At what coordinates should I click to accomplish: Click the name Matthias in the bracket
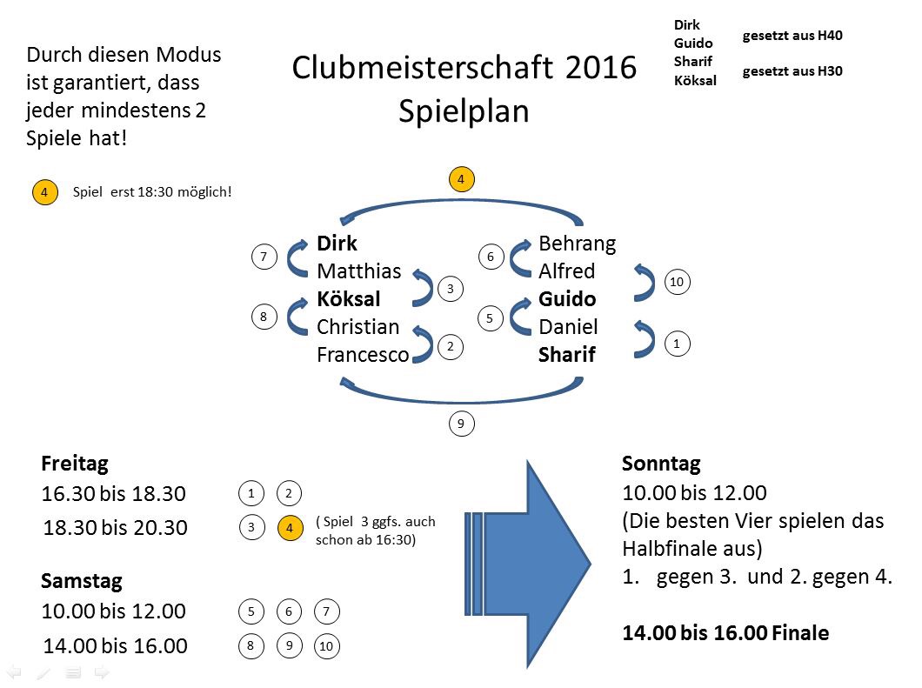point(358,271)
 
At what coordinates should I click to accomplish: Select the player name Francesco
point(363,355)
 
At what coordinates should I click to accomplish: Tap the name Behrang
point(577,244)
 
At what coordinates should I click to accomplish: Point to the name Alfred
point(566,271)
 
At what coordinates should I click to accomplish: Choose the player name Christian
point(357,327)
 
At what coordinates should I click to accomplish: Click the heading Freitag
point(75,464)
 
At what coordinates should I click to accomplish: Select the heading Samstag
point(82,581)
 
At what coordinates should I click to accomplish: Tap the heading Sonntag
point(661,464)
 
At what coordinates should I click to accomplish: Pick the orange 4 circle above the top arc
point(461,180)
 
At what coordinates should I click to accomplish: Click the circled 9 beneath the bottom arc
point(461,424)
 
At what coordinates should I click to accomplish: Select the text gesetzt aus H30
point(792,72)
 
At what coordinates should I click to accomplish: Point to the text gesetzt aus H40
point(792,36)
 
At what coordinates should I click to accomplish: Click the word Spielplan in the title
point(464,111)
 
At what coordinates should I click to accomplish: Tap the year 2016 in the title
point(600,68)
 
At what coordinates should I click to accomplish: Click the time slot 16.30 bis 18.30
point(113,494)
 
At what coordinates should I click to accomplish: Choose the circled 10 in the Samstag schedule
point(326,646)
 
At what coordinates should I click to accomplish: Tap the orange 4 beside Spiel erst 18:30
point(44,191)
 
